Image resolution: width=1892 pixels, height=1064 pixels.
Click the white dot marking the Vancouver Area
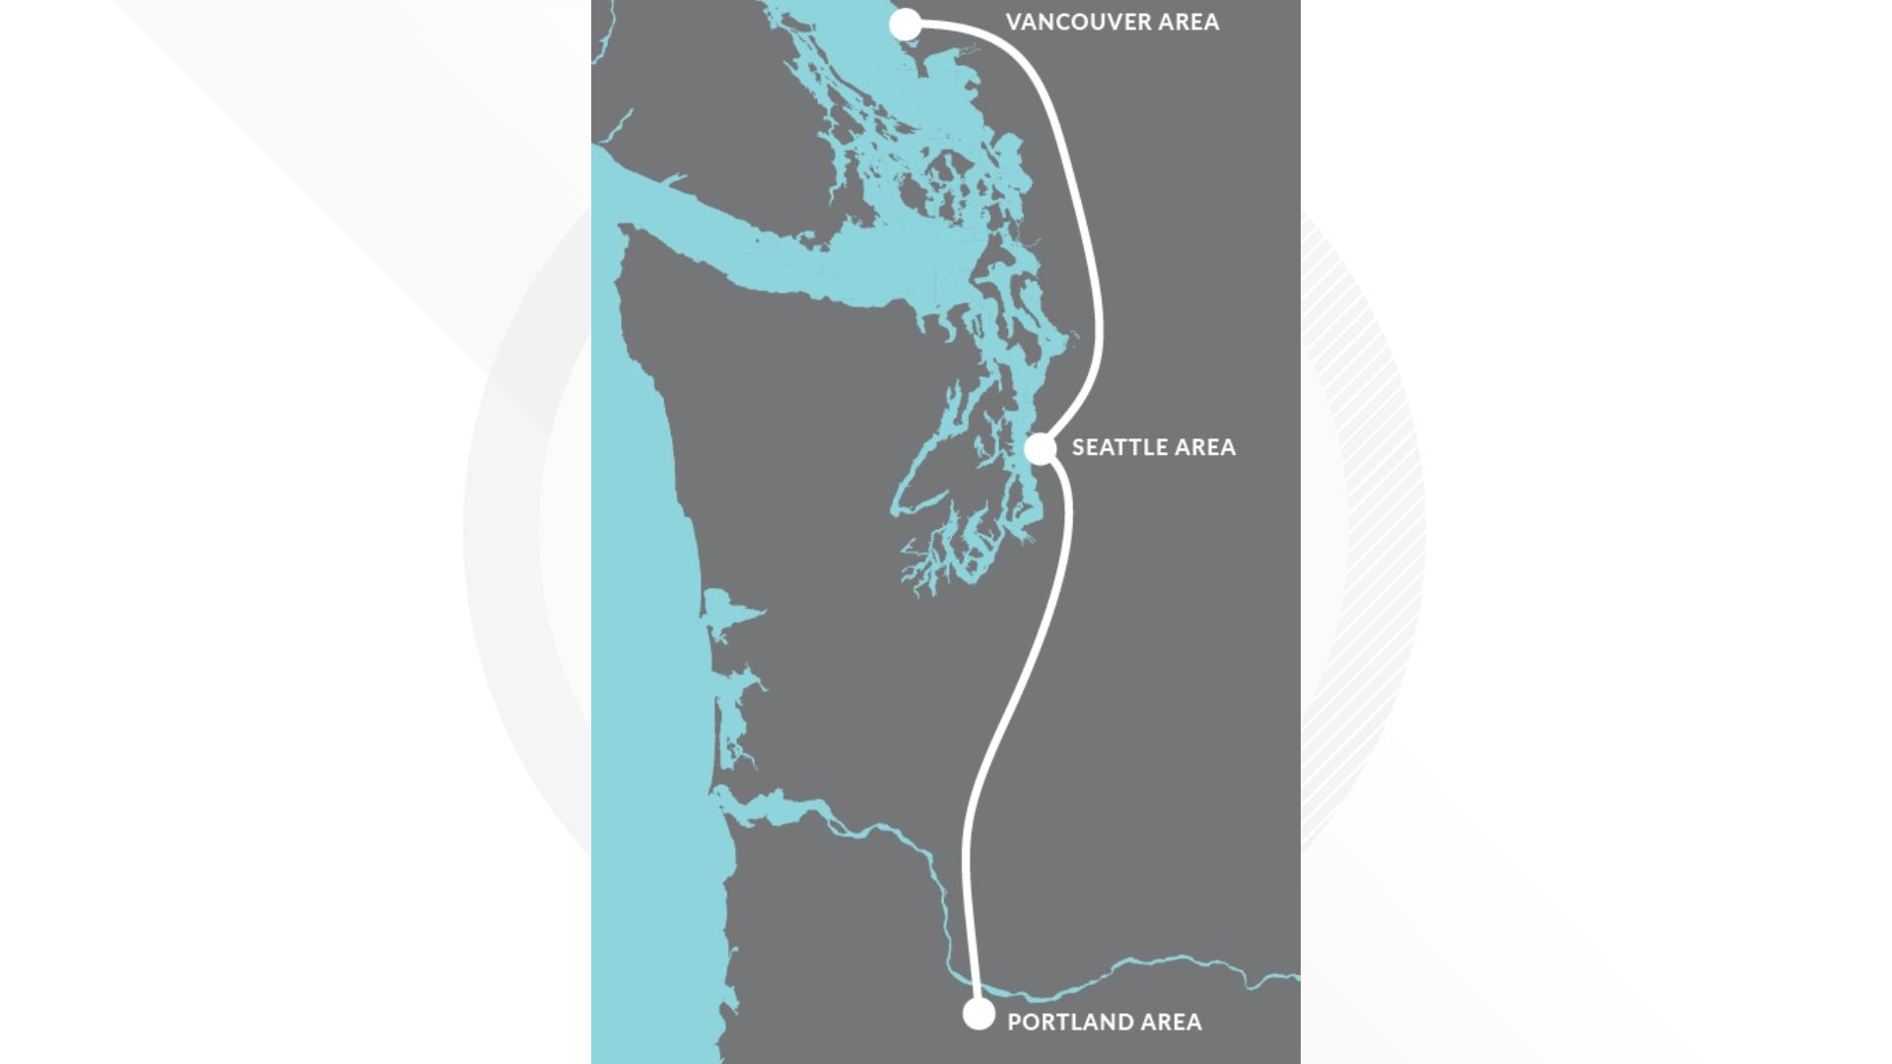[x=906, y=25]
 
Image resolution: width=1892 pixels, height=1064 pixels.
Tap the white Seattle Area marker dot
[x=1041, y=448]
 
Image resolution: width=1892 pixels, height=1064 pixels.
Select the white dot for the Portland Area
[x=979, y=1014]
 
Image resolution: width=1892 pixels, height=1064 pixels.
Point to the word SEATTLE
[x=1116, y=447]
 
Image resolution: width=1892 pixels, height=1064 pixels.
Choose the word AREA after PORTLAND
[x=1171, y=1022]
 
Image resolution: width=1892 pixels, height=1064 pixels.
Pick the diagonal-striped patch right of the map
[x=1370, y=443]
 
